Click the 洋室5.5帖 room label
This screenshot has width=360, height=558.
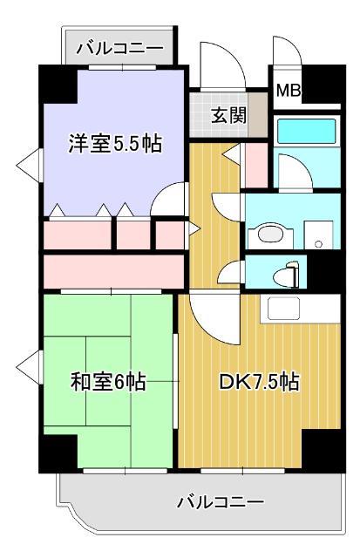tap(114, 144)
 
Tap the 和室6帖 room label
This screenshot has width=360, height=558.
tap(107, 382)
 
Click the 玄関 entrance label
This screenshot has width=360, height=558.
tap(228, 114)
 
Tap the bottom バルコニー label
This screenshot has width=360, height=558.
tap(220, 502)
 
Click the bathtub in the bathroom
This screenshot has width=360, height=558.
tap(308, 132)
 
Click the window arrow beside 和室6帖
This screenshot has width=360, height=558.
tap(30, 365)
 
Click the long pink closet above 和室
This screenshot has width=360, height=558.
tap(112, 270)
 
